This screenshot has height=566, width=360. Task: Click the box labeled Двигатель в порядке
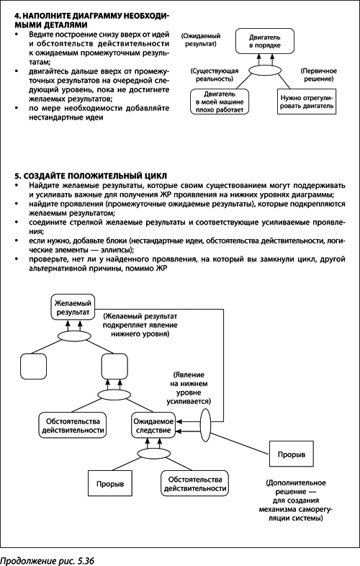pos(261,40)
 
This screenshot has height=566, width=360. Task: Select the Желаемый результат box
pos(73,309)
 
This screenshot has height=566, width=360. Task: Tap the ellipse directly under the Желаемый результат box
pos(73,336)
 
